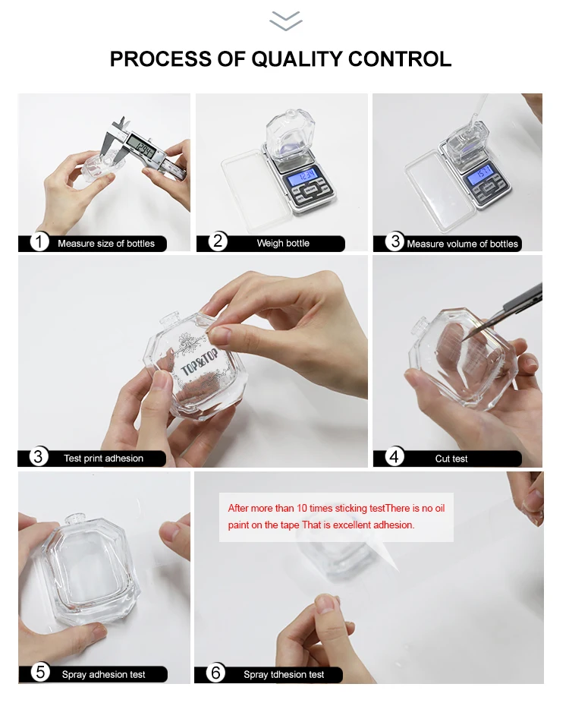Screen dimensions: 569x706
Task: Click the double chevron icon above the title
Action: [285, 21]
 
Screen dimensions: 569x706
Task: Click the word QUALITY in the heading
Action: [297, 59]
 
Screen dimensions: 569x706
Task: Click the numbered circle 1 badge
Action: [39, 242]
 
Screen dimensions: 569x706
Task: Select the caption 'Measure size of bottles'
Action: [106, 244]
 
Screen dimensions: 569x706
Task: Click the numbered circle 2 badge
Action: [218, 241]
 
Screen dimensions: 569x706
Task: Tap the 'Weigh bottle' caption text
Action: [284, 243]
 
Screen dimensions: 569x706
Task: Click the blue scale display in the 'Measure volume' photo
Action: [480, 175]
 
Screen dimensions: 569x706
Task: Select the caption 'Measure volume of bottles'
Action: [462, 244]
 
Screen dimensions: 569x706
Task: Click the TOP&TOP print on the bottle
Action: [200, 361]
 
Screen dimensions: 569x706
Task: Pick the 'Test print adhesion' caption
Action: [103, 459]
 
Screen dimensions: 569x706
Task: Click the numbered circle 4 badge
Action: [395, 457]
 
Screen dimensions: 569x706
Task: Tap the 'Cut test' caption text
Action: [451, 459]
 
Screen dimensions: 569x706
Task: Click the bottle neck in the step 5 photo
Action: [76, 522]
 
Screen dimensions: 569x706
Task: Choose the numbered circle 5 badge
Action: [40, 673]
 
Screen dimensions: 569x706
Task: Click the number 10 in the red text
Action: [302, 509]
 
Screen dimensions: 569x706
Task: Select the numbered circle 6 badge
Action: [215, 673]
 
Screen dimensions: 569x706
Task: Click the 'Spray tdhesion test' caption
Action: [284, 674]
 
